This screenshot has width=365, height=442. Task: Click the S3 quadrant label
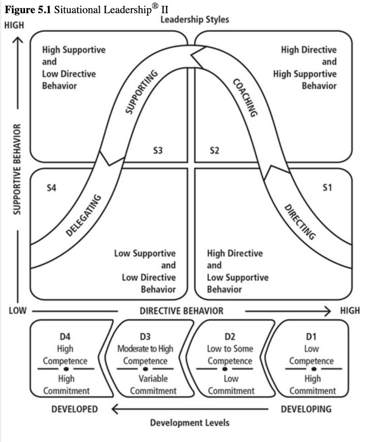coord(157,151)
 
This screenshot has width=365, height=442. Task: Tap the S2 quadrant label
coord(215,151)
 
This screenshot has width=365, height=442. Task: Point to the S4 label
coord(51,188)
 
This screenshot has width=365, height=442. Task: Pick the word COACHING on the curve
coord(245,98)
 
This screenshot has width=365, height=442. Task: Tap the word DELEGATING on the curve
coord(84,215)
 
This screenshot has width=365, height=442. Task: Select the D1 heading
coord(312,336)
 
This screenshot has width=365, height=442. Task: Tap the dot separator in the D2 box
coord(224,369)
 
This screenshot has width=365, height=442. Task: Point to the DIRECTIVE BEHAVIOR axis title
coord(181,311)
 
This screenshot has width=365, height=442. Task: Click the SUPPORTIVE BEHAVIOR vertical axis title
coord(16,169)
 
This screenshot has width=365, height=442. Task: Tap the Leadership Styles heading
coord(195,19)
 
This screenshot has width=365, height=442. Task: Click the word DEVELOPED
coord(75,409)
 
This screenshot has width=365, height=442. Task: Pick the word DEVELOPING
coord(306,409)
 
